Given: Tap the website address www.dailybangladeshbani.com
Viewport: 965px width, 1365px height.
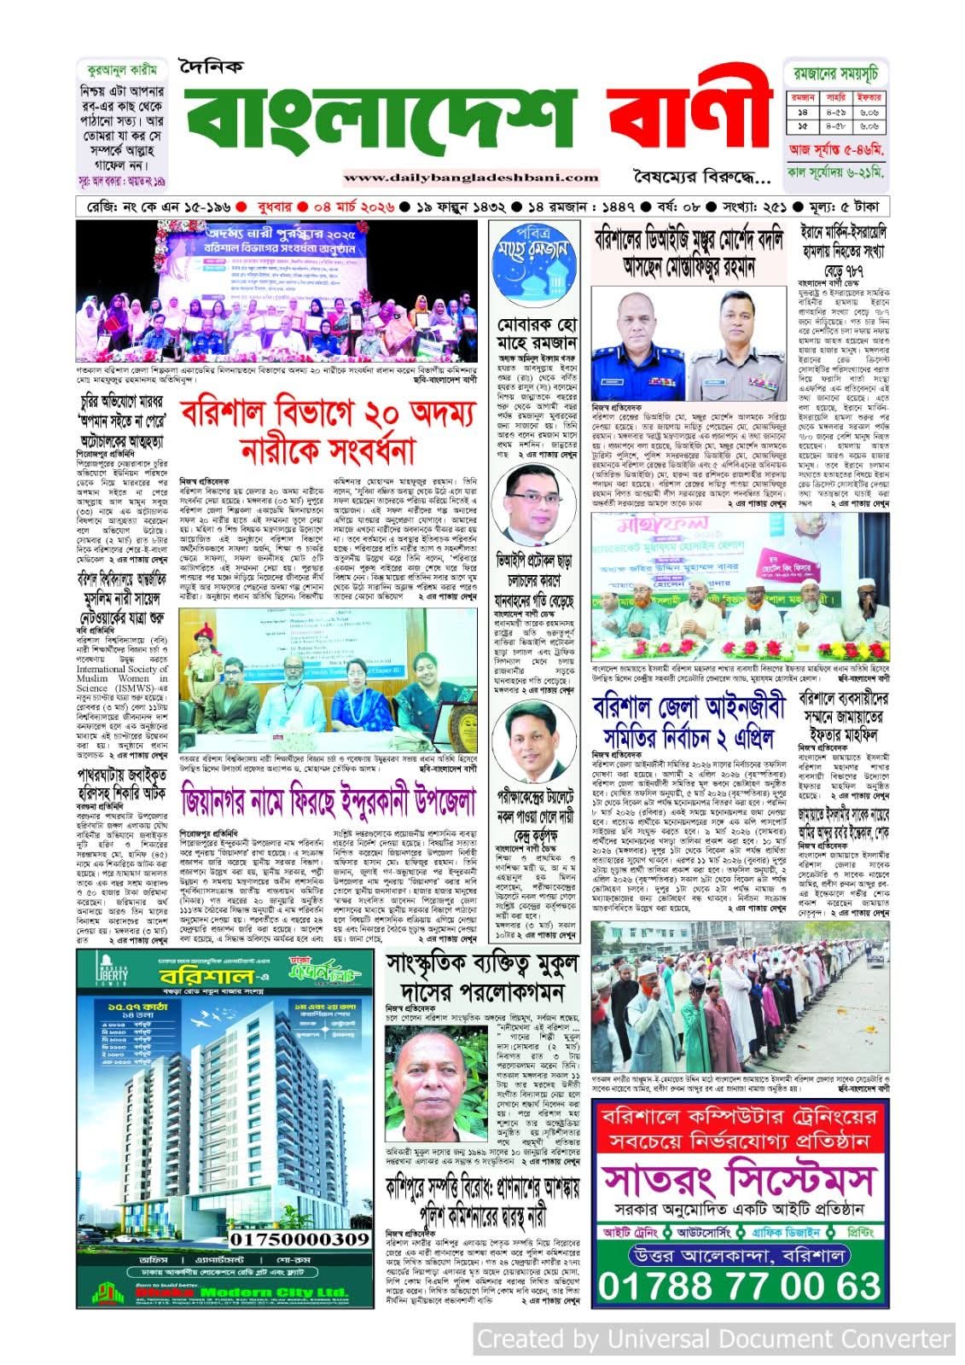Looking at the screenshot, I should click(472, 177).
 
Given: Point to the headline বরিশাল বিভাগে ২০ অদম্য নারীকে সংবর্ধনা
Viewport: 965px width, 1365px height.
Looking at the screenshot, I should click(326, 433).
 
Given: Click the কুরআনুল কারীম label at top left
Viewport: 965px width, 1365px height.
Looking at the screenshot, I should click(114, 72).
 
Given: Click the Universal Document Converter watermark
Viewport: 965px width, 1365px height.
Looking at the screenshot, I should click(713, 1339).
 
